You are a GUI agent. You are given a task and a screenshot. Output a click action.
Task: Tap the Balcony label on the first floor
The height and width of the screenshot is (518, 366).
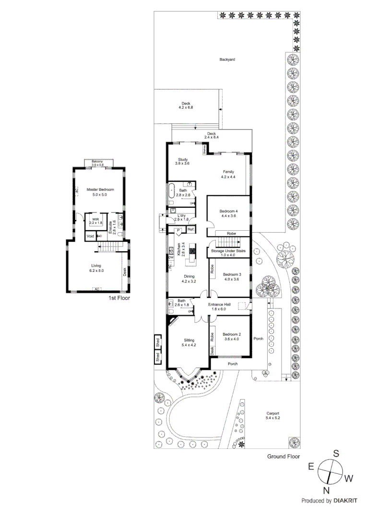click(x=98, y=161)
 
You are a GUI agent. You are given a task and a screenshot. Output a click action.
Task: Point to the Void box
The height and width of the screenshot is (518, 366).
click(x=90, y=236)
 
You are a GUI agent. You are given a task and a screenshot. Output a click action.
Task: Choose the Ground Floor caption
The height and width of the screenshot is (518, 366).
click(x=283, y=457)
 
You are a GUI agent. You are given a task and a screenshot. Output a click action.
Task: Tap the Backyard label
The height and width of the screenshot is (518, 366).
click(x=227, y=60)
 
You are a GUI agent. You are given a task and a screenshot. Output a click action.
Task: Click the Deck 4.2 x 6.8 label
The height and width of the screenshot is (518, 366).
click(x=186, y=104)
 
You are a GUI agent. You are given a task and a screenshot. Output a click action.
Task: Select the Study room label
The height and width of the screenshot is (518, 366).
click(x=183, y=160)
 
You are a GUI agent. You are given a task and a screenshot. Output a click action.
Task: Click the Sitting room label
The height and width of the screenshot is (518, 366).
click(x=182, y=340)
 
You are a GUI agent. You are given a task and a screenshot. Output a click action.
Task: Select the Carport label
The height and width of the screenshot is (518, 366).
click(x=272, y=413)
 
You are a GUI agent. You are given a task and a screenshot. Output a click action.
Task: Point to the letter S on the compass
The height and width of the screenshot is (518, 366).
click(x=336, y=452)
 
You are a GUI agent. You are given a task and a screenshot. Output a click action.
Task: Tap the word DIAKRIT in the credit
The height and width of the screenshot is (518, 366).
click(x=343, y=501)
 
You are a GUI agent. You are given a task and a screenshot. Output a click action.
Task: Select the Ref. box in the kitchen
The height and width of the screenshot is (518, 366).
click(x=191, y=229)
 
